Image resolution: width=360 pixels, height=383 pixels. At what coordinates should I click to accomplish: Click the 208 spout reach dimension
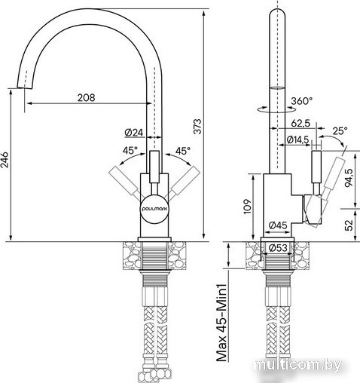(x=87, y=97)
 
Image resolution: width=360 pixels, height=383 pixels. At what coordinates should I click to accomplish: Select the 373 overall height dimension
(x=198, y=127)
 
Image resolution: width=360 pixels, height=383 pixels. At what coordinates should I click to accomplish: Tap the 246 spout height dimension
(x=5, y=160)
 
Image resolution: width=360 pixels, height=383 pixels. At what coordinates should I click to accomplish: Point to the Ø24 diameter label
(x=134, y=133)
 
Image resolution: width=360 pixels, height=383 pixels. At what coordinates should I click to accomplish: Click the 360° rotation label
(x=302, y=101)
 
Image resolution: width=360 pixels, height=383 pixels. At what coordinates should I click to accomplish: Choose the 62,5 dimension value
(x=301, y=124)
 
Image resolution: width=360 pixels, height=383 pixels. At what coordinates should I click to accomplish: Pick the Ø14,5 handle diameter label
(x=298, y=139)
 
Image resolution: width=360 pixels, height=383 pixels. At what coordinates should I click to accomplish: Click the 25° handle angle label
(x=340, y=130)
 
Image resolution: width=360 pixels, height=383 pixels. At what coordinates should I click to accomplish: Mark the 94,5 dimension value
(x=349, y=177)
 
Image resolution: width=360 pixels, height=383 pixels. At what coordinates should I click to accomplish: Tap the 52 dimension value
(x=349, y=225)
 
